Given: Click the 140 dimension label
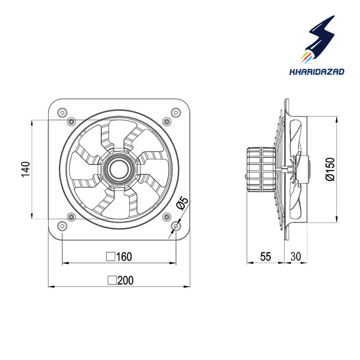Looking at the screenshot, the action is point(26,169).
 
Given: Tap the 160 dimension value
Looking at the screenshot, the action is point(124,256).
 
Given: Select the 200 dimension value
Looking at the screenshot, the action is point(126,280).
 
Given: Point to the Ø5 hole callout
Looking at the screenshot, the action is point(183,203).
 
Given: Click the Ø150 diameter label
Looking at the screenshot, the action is point(330,169).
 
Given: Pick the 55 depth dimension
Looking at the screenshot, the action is point(265,256).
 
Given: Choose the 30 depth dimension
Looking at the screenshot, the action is point(296,256).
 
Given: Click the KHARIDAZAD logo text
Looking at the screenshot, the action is point(317,72).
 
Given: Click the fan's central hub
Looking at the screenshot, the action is point(119,169).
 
